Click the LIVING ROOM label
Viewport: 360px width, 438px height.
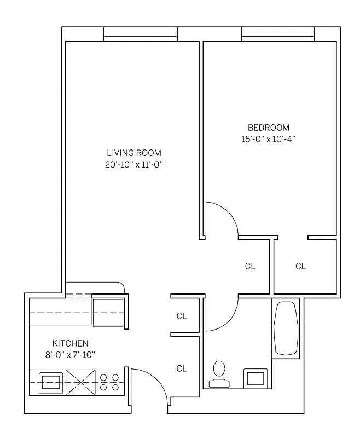coord(134,153)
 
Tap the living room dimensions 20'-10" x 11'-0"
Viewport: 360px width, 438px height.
coord(134,164)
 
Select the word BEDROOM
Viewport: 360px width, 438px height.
coord(268,128)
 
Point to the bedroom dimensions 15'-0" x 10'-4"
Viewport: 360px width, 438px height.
coord(268,139)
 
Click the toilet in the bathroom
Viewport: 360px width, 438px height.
coord(220,371)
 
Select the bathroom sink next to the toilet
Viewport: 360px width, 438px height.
coord(255,378)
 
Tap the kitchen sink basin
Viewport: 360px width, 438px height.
coord(51,381)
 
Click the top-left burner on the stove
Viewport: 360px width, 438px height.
coord(103,377)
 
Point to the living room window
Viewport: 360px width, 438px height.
coord(141,34)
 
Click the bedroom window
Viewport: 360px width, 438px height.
coord(278,34)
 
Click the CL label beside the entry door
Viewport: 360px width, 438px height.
coord(182,368)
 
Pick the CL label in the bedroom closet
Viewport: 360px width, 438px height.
coord(300,267)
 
